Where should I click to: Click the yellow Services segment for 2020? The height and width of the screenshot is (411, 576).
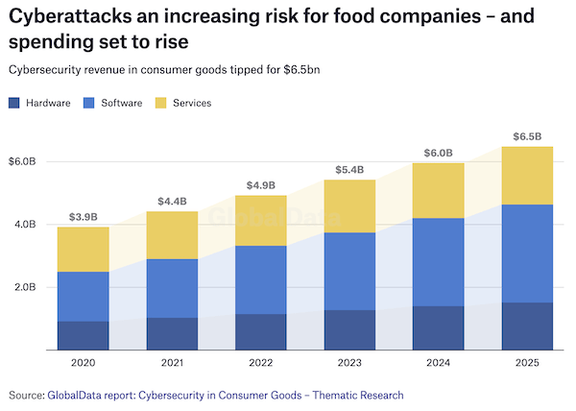83,250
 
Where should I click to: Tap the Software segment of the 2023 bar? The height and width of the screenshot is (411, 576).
349,271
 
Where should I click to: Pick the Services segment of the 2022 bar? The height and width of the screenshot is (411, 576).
261,221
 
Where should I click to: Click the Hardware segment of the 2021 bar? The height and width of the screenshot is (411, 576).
172,333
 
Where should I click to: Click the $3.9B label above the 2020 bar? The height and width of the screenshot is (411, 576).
83,216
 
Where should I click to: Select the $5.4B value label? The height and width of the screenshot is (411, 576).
349,169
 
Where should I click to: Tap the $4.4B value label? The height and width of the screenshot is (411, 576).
172,201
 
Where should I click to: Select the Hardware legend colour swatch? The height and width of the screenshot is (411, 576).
14,103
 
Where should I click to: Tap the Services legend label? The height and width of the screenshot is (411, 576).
193,103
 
